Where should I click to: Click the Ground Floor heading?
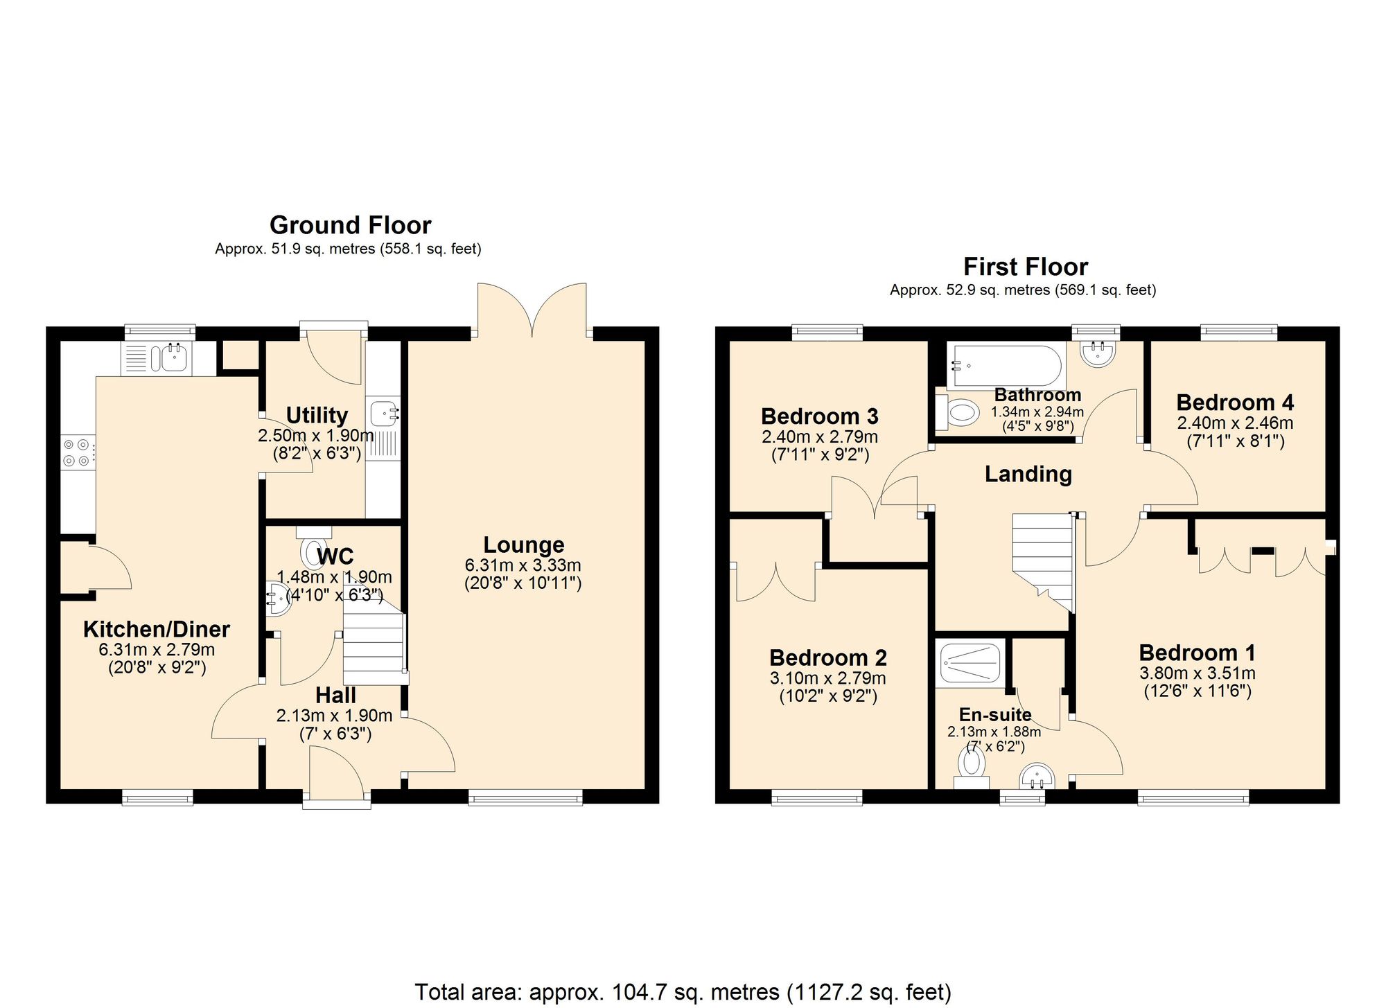[x=350, y=225]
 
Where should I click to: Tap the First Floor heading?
[x=1025, y=267]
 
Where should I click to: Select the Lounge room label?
[x=523, y=545]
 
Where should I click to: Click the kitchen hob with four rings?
[x=77, y=452]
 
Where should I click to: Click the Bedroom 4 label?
[x=1235, y=403]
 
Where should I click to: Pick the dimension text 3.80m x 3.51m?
[x=1197, y=673]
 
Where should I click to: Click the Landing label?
[x=1028, y=475]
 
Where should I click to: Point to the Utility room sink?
[x=383, y=414]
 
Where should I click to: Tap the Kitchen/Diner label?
[x=157, y=629]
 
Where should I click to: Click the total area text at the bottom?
[x=683, y=992]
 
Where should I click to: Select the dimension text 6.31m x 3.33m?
[x=523, y=565]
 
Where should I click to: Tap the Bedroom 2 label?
[x=827, y=657]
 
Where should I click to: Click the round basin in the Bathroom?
[x=1099, y=353]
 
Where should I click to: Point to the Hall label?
[x=335, y=696]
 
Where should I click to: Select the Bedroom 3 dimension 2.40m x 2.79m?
[x=819, y=437]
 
